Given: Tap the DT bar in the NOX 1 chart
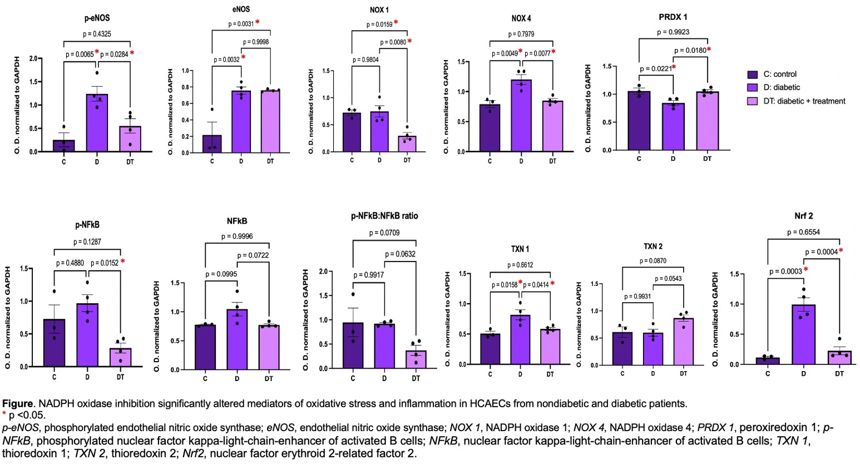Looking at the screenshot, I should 407,144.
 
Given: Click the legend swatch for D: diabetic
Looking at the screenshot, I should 753,87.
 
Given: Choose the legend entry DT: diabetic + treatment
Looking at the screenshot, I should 804,101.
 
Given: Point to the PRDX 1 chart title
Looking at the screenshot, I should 673,17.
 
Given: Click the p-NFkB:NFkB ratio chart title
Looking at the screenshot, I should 384,216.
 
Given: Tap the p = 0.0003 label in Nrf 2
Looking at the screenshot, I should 785,272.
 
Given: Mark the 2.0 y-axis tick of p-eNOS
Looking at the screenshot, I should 33,58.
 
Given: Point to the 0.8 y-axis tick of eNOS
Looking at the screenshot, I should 185,87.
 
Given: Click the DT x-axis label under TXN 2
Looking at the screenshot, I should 683,374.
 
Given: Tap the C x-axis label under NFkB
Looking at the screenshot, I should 205,379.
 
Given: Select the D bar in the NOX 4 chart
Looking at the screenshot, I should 521,115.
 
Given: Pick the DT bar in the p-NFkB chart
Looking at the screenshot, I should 120,357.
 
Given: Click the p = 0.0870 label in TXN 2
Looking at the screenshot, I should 653,261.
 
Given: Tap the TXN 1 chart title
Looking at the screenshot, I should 521,249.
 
